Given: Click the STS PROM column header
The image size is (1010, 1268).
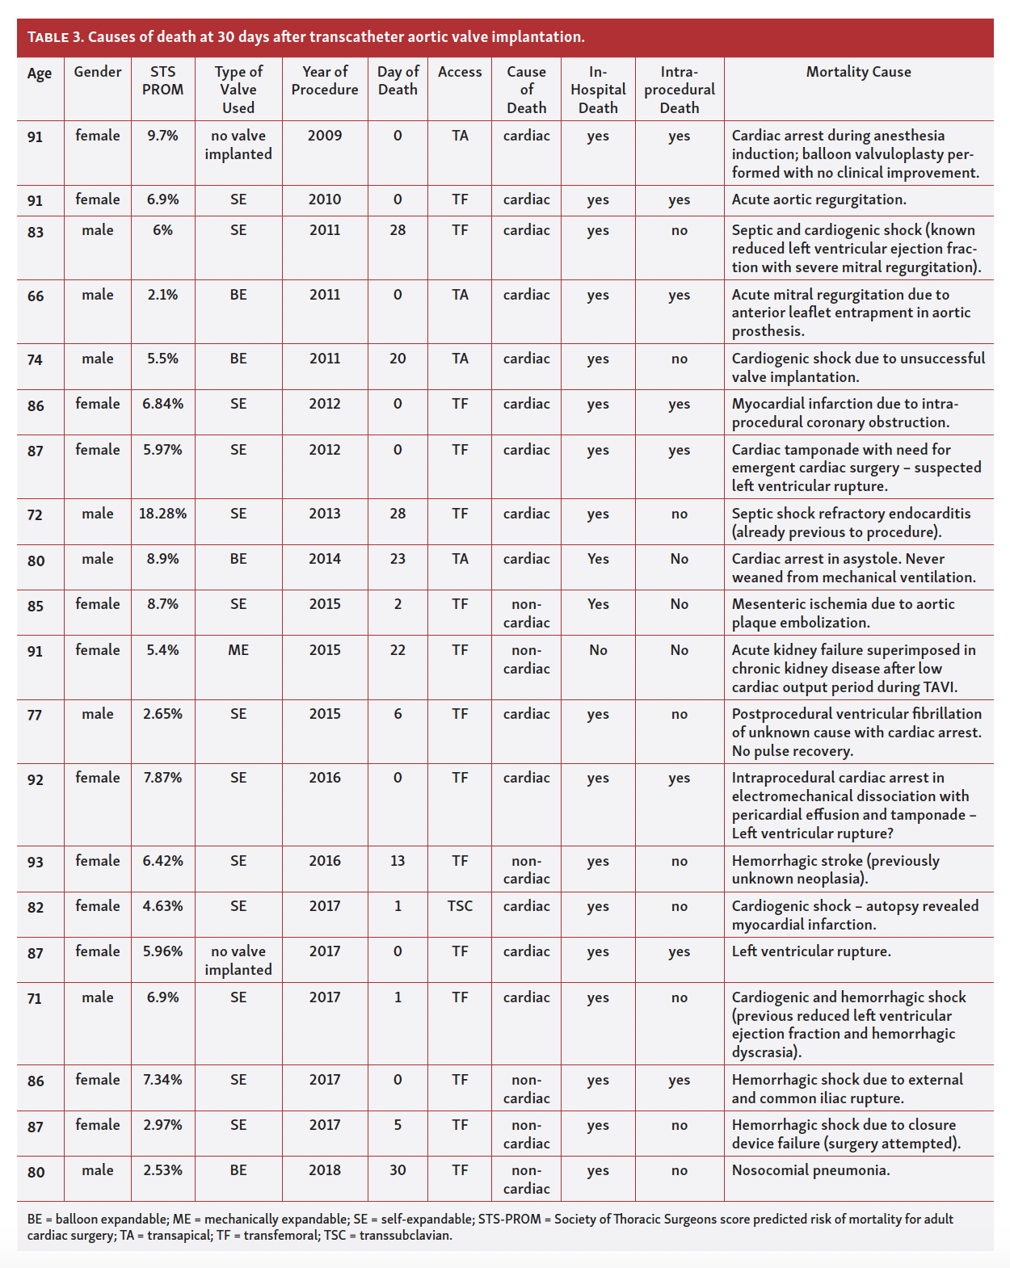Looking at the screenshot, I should click(162, 81).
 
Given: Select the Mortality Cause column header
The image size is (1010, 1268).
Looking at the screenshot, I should click(858, 72).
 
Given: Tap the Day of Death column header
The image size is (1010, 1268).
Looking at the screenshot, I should click(398, 81).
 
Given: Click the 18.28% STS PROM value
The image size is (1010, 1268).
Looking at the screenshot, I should click(162, 514).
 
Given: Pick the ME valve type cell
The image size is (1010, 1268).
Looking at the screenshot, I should click(238, 650).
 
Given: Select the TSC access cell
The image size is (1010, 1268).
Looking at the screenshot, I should click(460, 906).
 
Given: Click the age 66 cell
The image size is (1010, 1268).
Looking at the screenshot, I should click(36, 296).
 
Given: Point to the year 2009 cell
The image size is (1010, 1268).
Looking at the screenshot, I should click(325, 136).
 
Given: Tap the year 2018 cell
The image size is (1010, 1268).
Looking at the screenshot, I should click(325, 1170).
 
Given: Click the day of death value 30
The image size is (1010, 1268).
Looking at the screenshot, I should click(398, 1170).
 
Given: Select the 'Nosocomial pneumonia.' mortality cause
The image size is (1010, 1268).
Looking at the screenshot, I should click(810, 1170).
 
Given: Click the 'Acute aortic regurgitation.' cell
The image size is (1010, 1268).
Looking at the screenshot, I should click(819, 199).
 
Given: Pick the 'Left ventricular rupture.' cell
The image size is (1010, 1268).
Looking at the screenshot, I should click(811, 951).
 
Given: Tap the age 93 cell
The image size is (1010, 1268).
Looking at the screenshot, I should click(36, 863).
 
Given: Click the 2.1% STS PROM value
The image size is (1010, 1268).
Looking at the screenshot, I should click(162, 295).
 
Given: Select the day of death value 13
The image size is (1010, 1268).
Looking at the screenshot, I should click(398, 861).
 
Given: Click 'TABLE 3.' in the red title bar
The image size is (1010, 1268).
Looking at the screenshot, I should click(56, 37).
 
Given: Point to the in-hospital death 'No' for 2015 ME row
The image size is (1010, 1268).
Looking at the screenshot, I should click(598, 650).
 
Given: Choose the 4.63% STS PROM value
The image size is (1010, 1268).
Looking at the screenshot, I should click(162, 906).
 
